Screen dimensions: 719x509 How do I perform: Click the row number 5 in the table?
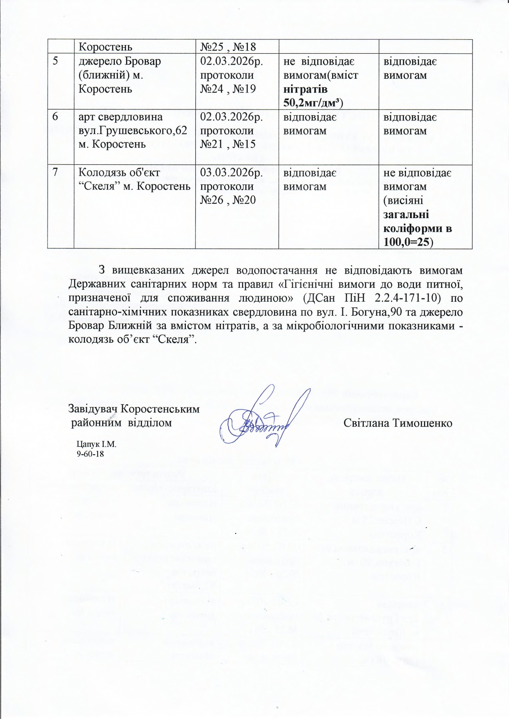(55, 61)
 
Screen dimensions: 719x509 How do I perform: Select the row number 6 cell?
(55, 117)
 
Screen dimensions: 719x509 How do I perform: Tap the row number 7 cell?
(55, 173)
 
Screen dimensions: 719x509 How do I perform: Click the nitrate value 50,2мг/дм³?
(313, 102)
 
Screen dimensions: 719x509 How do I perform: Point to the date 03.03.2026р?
(231, 173)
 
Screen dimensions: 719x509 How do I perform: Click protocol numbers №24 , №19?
(228, 89)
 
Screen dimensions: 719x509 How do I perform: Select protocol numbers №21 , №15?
(228, 144)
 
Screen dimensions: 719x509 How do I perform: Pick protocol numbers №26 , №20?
(228, 200)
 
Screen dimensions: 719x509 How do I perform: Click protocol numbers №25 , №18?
(228, 47)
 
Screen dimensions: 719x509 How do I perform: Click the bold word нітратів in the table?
(305, 89)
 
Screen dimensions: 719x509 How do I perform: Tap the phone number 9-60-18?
(90, 454)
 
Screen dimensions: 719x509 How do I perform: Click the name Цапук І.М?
(97, 444)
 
